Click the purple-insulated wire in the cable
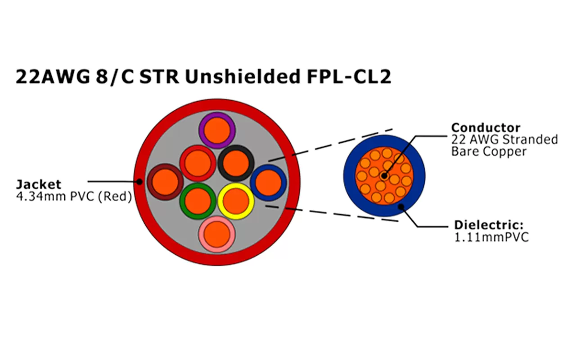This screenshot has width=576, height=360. point(217,130)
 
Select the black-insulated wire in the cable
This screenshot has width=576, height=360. point(236,163)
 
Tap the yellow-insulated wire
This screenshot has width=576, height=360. point(236,201)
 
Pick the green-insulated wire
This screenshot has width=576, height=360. point(198,201)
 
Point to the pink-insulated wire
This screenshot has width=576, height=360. point(217,234)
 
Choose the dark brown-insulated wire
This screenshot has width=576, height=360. point(165,182)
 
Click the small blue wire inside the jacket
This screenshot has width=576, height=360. point(268,182)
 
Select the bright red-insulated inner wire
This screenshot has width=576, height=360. point(198,163)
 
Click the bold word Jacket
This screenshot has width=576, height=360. point(38,184)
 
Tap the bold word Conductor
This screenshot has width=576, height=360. point(486,128)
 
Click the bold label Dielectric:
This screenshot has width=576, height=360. point(489,225)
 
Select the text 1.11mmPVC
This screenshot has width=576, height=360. point(491,237)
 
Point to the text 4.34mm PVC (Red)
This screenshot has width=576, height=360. point(73,196)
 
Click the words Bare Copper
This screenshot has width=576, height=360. point(489,152)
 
